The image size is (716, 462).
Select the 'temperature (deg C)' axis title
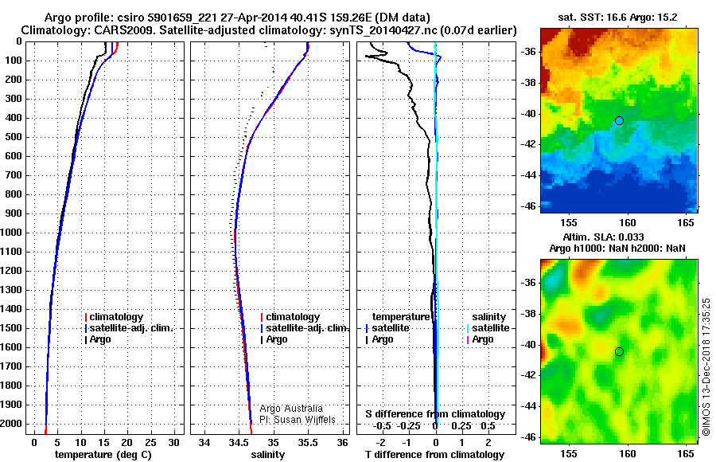pos(103,455)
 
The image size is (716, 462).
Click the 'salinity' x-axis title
pos(268,455)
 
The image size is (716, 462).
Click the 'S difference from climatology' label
pos(435,414)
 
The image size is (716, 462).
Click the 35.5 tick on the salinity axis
pos(308,441)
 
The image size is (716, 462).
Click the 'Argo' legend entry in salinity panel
pos(277,339)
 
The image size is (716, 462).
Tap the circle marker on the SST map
pos(619,120)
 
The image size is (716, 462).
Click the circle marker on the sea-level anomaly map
pos(619,351)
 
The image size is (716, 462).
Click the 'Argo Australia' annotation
pos(291,409)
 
